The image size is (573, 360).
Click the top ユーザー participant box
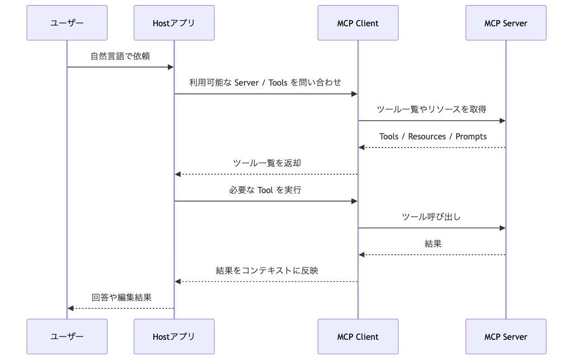click(x=67, y=22)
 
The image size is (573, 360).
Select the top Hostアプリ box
click(x=174, y=22)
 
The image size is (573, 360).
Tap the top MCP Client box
click(x=358, y=22)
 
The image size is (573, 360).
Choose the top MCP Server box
click(x=506, y=22)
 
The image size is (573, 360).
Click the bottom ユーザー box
click(x=67, y=336)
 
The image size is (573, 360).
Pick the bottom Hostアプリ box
click(x=174, y=336)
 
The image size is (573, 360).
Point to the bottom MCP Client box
click(x=358, y=336)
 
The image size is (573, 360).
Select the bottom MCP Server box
click(x=506, y=336)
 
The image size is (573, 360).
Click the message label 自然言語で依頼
click(x=120, y=56)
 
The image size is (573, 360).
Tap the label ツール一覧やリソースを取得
click(x=431, y=109)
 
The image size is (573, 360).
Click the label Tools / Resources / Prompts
click(x=433, y=136)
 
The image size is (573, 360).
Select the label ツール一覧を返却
click(x=267, y=163)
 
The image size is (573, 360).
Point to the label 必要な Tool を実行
click(x=265, y=190)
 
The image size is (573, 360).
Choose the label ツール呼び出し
click(x=431, y=217)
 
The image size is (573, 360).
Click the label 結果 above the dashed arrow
click(x=433, y=244)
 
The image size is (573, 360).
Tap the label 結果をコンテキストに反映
click(x=267, y=270)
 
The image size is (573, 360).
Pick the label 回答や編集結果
click(x=121, y=297)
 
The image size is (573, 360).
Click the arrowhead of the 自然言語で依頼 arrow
click(x=171, y=67)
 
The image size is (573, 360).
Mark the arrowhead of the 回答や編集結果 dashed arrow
click(x=71, y=308)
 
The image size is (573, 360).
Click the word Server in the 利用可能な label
click(x=246, y=83)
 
